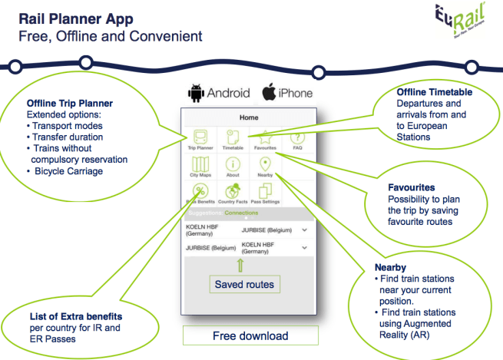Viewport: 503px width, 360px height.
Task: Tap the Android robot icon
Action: [197, 93]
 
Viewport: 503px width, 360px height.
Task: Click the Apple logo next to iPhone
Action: [269, 92]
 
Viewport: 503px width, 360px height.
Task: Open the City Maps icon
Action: [200, 166]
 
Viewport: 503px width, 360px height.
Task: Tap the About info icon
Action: [233, 166]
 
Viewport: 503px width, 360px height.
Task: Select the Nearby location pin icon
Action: [266, 166]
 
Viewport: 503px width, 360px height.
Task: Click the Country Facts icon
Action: [233, 193]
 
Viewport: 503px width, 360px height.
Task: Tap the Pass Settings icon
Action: [266, 193]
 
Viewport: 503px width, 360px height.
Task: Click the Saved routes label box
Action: [244, 284]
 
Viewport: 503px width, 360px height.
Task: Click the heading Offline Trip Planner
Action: [70, 103]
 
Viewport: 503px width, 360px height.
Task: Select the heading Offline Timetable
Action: [434, 92]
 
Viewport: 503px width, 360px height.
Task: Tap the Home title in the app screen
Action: [249, 118]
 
